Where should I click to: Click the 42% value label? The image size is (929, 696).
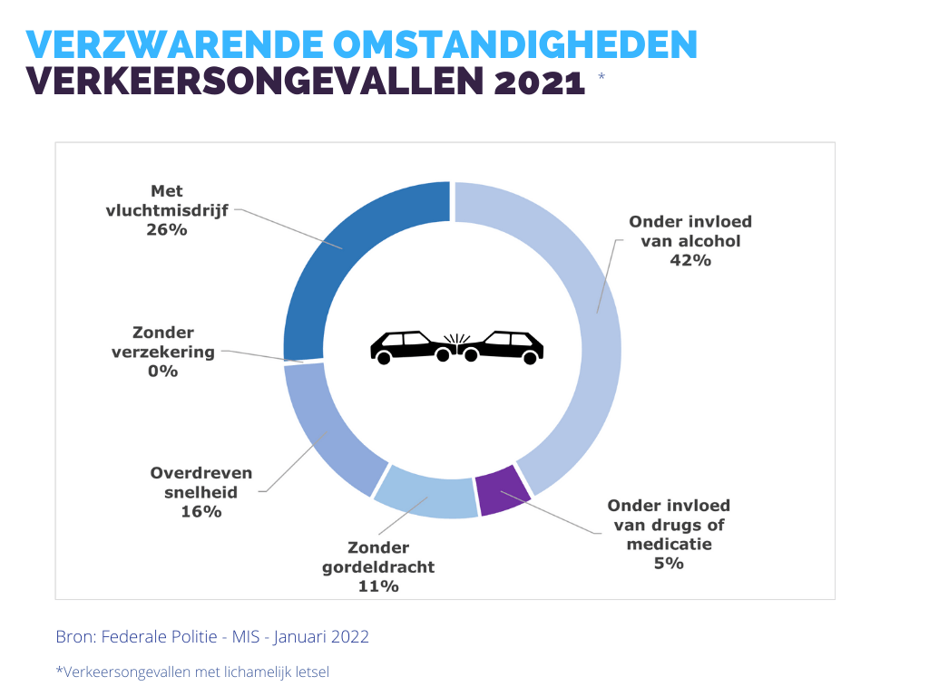(690, 260)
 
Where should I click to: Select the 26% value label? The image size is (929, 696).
(167, 229)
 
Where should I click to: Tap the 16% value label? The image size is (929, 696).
(201, 512)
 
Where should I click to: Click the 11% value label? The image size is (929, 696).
(378, 586)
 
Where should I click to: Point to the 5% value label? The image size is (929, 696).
(669, 564)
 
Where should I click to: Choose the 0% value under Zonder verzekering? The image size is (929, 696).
(163, 371)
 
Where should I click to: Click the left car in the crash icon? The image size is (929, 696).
(410, 346)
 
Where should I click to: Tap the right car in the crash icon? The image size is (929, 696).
(504, 346)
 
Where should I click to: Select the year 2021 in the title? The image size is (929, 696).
(540, 82)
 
